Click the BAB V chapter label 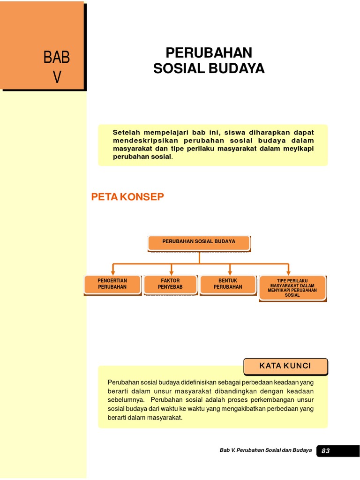point(57,67)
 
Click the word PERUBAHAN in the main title point(209,52)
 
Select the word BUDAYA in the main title point(239,68)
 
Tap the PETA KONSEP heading point(127,197)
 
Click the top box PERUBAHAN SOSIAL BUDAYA point(199,242)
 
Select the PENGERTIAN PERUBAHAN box point(112,284)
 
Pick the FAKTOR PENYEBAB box point(170,284)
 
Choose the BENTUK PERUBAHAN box point(228,284)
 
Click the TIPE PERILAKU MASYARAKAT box point(292,287)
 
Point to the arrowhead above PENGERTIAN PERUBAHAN point(112,272)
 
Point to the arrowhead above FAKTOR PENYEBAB point(172,272)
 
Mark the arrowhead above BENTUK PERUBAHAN point(230,272)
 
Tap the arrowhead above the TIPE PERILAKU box point(288,272)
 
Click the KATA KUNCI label point(285,366)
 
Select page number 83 point(326,451)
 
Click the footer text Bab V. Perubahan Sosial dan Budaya point(265,450)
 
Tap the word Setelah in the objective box point(126,132)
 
